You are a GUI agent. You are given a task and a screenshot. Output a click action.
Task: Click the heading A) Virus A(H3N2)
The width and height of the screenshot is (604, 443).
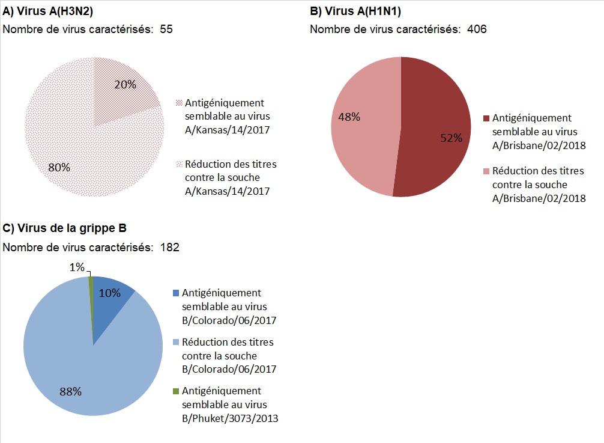[48, 12]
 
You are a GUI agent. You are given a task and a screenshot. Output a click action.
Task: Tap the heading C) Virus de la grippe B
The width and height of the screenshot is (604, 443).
[65, 228]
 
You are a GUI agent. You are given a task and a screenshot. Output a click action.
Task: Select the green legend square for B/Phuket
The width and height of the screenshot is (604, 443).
[175, 391]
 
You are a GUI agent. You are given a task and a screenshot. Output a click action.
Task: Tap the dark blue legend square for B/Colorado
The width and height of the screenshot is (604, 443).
[175, 293]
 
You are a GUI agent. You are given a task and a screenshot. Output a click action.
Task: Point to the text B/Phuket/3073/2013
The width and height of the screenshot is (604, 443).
[230, 418]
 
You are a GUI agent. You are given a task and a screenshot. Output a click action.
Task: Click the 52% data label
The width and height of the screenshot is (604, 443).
[451, 138]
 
